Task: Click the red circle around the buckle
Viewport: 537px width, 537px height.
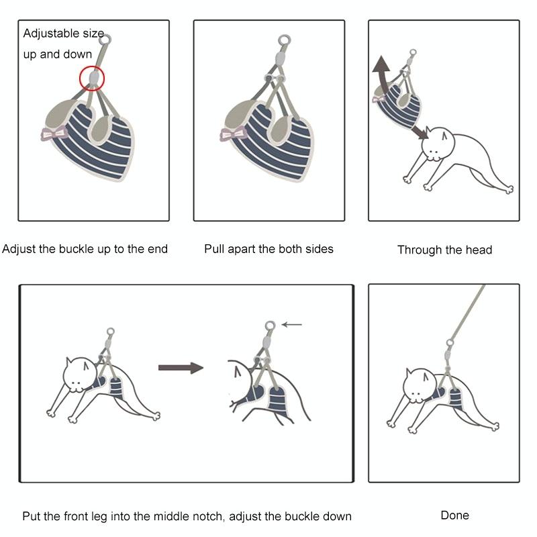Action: point(80,78)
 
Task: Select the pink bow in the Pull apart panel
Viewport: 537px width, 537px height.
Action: point(233,134)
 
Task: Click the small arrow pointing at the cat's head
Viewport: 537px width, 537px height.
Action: point(420,132)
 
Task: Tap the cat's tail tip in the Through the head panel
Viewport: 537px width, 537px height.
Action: point(509,189)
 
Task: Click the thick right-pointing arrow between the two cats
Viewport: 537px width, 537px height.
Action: point(181,368)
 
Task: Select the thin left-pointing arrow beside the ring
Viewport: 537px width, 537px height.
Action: point(292,324)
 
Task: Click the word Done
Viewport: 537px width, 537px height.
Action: point(455,515)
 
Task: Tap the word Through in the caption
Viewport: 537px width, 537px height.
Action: point(418,250)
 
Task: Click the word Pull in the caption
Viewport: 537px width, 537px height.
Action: point(214,249)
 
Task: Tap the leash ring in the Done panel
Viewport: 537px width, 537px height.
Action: point(450,342)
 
